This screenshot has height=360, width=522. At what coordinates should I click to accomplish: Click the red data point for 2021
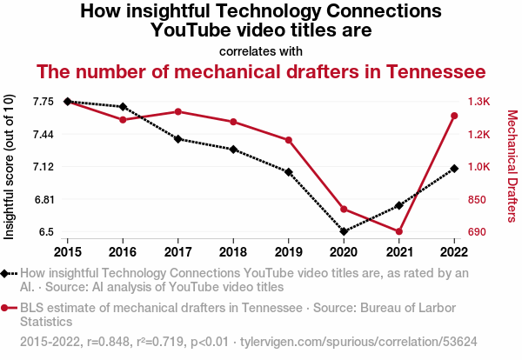[398, 231]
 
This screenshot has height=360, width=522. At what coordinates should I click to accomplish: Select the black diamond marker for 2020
[344, 231]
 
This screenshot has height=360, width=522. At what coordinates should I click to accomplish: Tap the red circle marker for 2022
[454, 116]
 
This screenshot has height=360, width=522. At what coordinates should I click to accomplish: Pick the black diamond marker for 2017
[178, 139]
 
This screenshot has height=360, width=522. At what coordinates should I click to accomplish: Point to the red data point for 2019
[289, 140]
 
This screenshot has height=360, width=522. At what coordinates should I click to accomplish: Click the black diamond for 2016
[123, 107]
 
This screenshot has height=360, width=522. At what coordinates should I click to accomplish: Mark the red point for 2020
[344, 210]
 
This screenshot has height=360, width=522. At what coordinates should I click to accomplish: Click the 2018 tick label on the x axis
[233, 252]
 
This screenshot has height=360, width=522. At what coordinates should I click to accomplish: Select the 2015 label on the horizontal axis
[68, 252]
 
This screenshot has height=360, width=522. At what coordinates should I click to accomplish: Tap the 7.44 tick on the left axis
[43, 135]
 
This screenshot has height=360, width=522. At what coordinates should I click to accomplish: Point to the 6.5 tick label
[46, 232]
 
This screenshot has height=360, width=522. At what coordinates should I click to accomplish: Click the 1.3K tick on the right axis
[479, 102]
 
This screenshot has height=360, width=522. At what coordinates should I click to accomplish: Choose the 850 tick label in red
[477, 200]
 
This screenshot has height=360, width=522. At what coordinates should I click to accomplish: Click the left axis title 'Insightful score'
[9, 192]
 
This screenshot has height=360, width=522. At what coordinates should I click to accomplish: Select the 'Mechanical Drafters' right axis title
[512, 166]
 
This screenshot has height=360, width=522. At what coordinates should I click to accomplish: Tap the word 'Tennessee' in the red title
[436, 71]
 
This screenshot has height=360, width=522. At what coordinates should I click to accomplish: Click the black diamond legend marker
[4, 274]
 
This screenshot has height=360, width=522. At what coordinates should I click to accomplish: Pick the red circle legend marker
[4, 308]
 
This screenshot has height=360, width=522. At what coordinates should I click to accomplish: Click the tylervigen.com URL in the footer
[358, 342]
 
